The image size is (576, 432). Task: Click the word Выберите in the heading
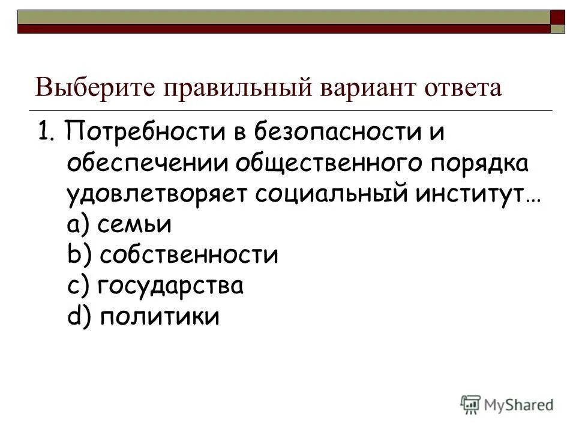tap(94, 88)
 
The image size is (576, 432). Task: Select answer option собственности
tap(188, 256)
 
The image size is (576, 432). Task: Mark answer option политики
tap(159, 317)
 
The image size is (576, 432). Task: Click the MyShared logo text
tap(519, 405)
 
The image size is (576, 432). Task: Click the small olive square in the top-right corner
tap(558, 28)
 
